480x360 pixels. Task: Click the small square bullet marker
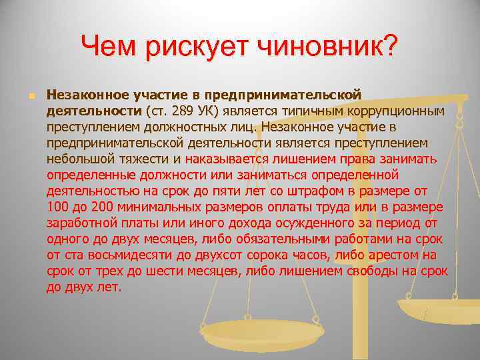point(31,96)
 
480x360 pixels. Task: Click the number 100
point(58,207)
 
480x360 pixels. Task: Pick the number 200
point(103,207)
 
